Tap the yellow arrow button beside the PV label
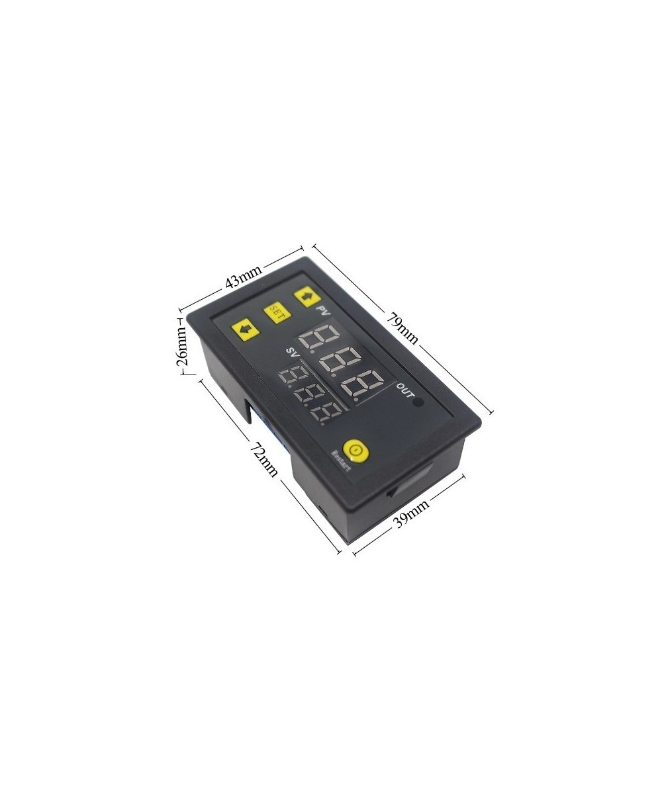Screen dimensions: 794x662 pos(306,296)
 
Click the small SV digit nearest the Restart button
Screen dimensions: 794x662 pos(329,415)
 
